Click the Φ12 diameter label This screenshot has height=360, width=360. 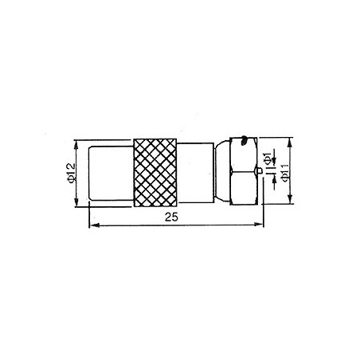[x=71, y=173]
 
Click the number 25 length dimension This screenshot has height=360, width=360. [x=171, y=217]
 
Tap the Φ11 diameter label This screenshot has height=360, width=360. [x=285, y=173]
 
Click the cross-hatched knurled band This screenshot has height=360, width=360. [x=155, y=173]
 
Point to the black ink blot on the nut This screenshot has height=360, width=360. [x=244, y=140]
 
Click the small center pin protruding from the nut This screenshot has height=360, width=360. [x=260, y=170]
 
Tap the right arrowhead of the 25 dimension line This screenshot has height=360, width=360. [x=258, y=225]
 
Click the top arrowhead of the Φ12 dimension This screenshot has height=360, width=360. [x=76, y=145]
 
